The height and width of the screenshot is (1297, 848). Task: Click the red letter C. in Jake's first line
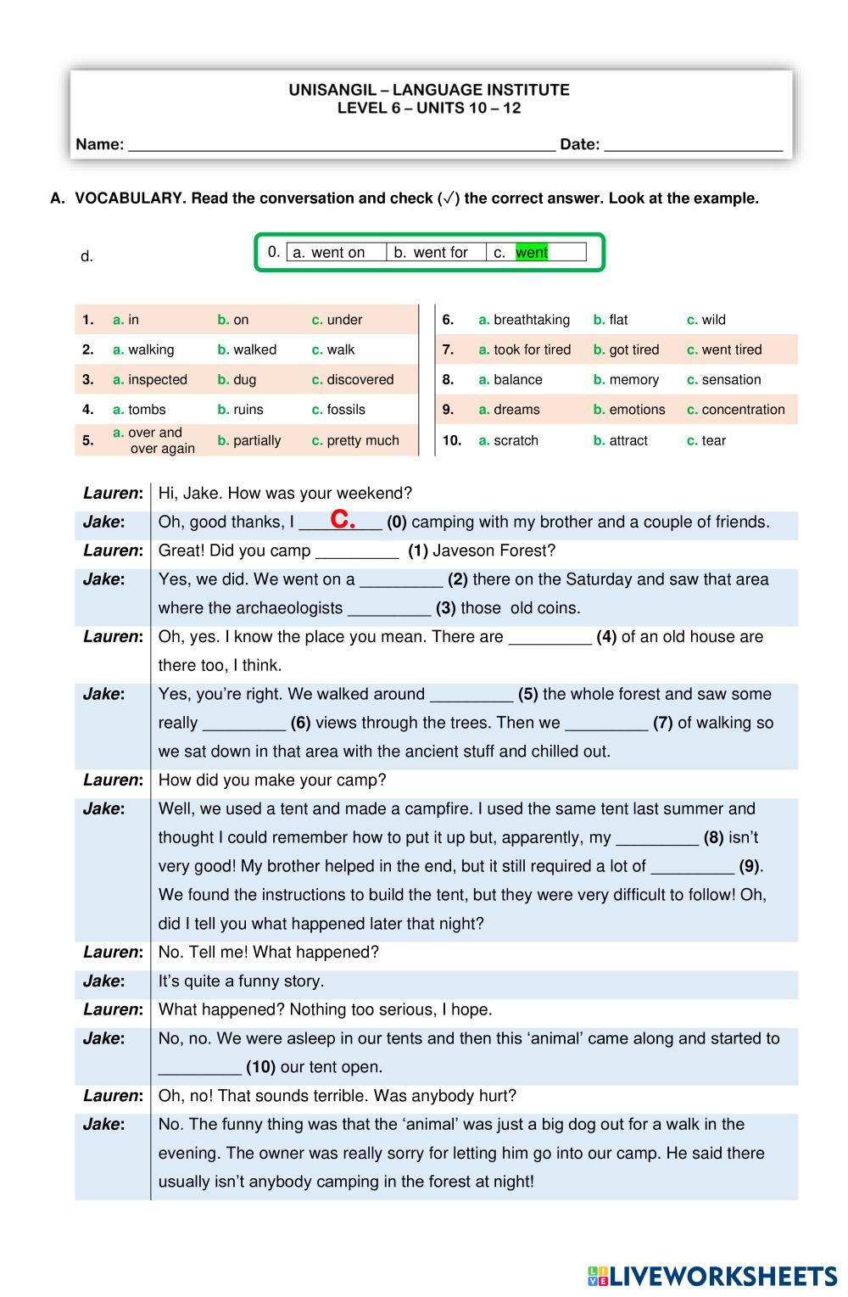pos(343,520)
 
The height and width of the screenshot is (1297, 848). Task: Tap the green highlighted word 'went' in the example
pos(532,252)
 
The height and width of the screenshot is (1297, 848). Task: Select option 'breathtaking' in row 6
pos(531,320)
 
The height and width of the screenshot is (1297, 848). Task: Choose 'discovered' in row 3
pos(360,379)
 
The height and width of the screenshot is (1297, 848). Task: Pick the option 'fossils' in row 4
pos(346,409)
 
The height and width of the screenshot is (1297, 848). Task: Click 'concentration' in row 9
pos(743,409)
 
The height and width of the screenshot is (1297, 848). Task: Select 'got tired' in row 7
pos(633,349)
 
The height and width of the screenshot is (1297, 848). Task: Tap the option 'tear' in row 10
pos(713,440)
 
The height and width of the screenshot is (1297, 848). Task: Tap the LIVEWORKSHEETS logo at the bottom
pos(711,1276)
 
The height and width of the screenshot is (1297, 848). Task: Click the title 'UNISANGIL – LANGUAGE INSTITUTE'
pos(429,89)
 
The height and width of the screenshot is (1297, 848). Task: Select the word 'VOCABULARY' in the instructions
pos(129,198)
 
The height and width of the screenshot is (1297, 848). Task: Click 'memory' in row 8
pos(633,379)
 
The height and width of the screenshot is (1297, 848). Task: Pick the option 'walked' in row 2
pos(254,349)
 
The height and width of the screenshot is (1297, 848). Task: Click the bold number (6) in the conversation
pos(300,723)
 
